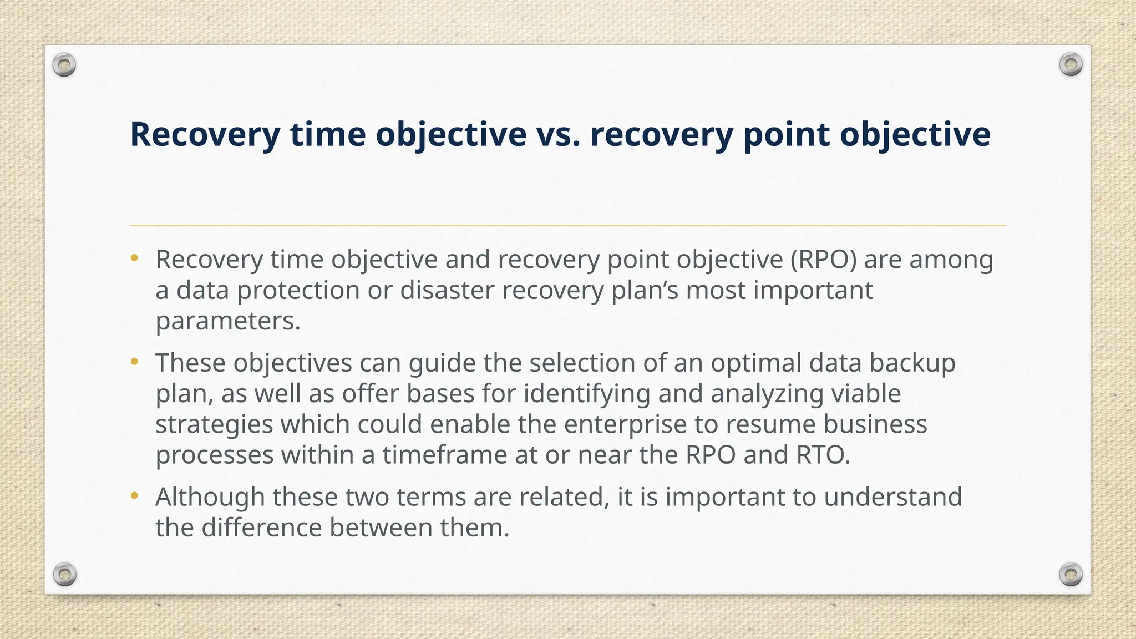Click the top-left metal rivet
coord(64,65)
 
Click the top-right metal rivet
coord(1071,65)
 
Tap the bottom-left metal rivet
coord(64,574)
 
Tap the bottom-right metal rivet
coord(1071,574)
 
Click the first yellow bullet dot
coord(134,258)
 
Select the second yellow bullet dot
coord(134,362)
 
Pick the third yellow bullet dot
coord(134,496)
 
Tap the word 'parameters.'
coord(228,321)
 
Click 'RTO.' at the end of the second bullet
coord(823,455)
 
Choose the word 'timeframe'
coord(444,455)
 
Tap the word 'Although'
coord(210,496)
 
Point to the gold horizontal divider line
coord(568,226)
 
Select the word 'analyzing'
coord(766,394)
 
